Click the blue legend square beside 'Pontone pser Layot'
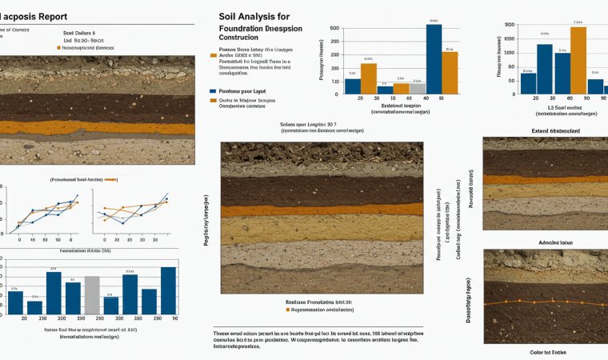(x=212, y=90)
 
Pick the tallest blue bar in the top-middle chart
(x=434, y=60)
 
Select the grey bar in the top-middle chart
(x=418, y=88)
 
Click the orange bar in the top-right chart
(x=578, y=61)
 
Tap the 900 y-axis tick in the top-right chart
(x=510, y=26)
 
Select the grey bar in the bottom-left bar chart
(x=92, y=295)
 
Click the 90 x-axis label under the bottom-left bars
(x=174, y=318)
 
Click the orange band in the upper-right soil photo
(x=545, y=179)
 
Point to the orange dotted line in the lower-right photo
(x=544, y=302)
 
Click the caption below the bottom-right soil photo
(x=547, y=352)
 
